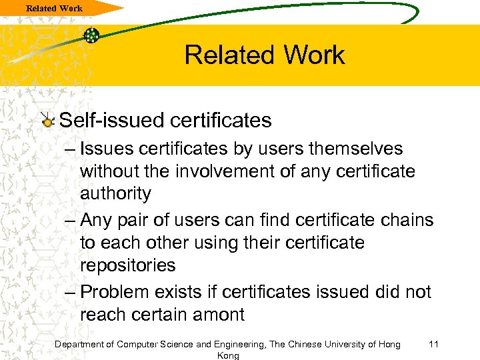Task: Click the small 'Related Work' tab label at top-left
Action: point(55,8)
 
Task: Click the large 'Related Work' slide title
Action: point(265,55)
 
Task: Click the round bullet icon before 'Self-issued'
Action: point(47,121)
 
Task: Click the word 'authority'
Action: point(115,194)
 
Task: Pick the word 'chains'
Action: point(406,219)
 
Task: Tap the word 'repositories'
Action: point(127,265)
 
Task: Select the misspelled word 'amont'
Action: point(217,314)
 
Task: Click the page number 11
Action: point(433,344)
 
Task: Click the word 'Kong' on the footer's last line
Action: point(228,356)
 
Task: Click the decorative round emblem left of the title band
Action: point(91,35)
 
